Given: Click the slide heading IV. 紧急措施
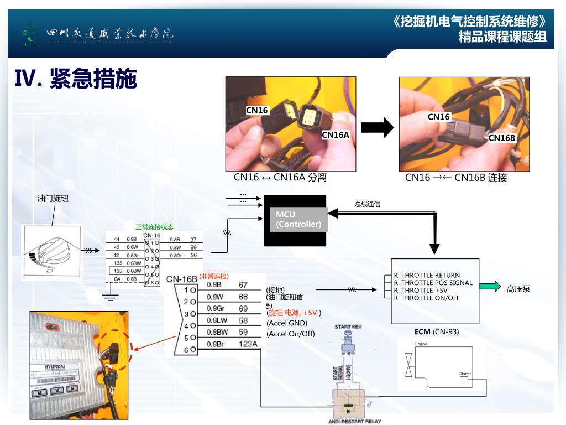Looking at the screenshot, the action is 76,79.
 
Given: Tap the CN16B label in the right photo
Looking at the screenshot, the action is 502,138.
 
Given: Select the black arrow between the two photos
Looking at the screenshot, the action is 378,128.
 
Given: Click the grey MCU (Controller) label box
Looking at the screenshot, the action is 298,219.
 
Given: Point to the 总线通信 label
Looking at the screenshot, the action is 368,204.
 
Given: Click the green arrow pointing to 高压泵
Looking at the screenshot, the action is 489,286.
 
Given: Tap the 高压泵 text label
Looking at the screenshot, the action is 518,288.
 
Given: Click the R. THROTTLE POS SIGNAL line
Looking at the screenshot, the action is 433,283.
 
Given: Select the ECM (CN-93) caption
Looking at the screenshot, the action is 437,332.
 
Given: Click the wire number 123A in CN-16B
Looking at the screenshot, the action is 248,344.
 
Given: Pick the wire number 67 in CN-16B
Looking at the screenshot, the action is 243,284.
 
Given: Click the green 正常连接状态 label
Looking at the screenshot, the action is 155,227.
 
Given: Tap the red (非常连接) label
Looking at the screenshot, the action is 214,276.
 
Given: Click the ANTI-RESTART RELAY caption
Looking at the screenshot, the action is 355,421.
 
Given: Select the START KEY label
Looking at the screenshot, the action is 348,327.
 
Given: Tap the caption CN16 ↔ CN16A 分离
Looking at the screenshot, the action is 280,178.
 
